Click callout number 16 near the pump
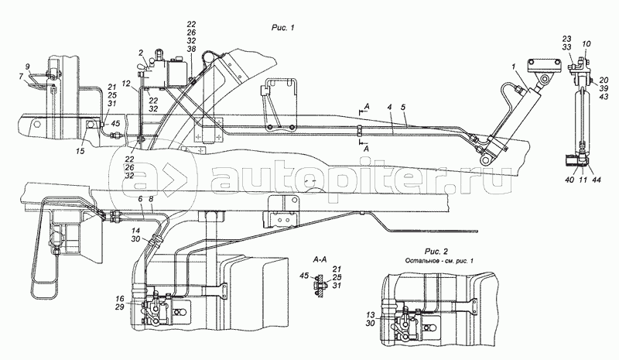pos(120,298)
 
